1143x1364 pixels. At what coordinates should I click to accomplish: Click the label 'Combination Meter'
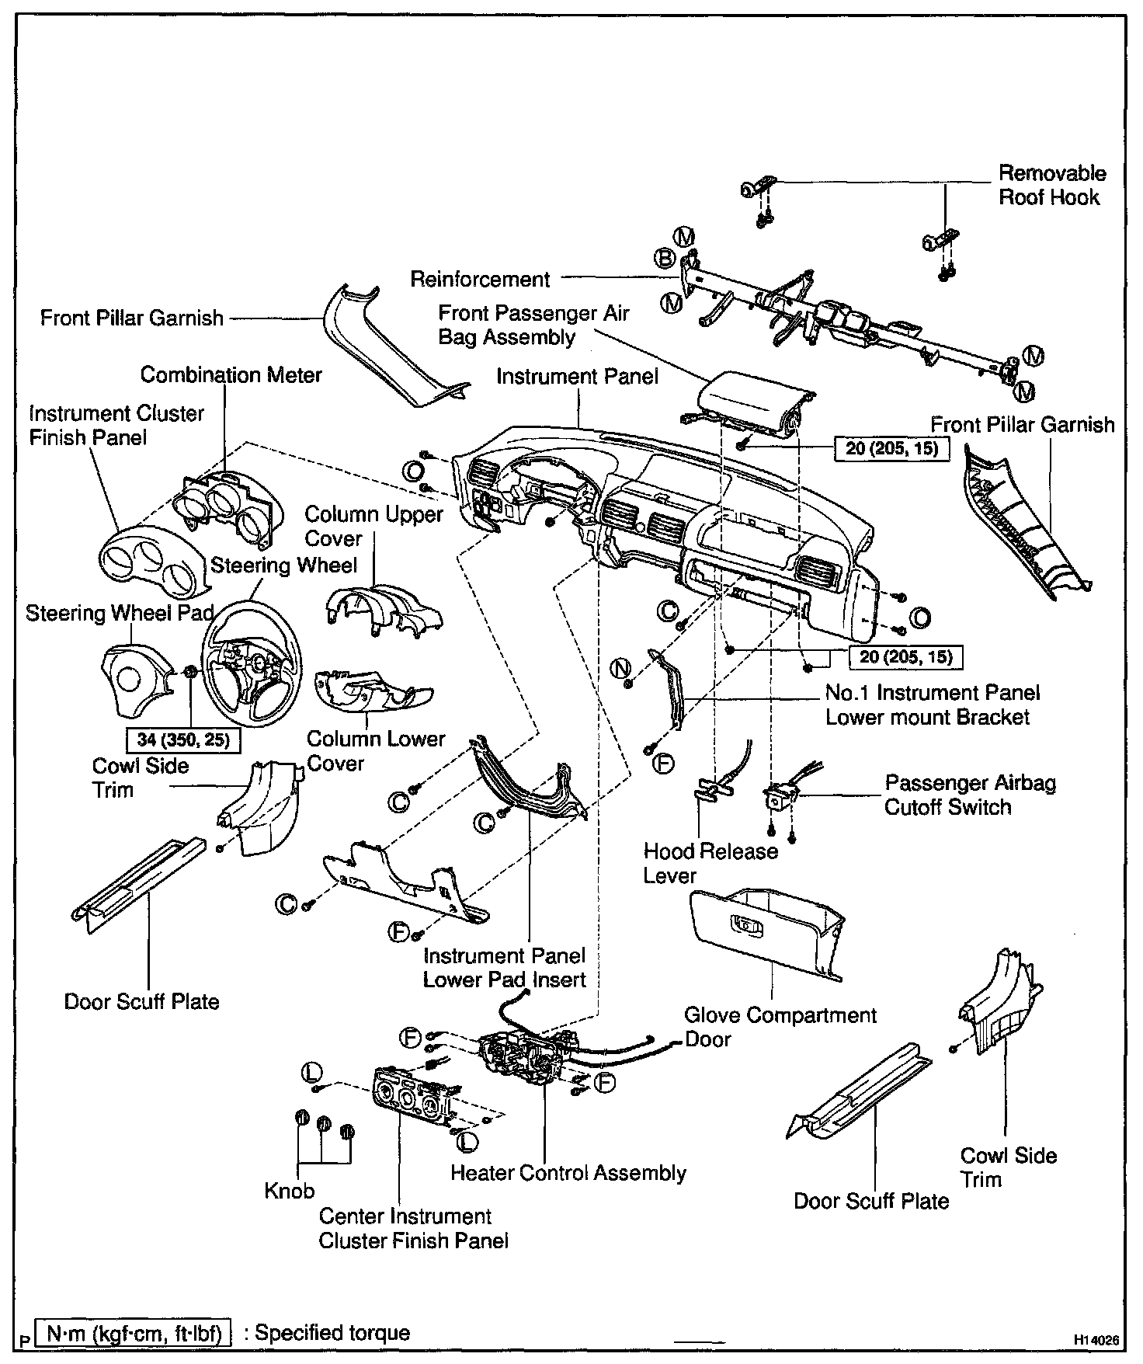coord(231,375)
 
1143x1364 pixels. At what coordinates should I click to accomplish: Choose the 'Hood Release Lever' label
coord(710,863)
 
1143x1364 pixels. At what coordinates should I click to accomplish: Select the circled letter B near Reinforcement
coord(665,258)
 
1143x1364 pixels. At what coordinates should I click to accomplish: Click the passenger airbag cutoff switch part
coord(779,798)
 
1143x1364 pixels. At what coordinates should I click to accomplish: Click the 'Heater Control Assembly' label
coord(568,1173)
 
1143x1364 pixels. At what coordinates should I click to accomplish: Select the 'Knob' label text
coord(289,1191)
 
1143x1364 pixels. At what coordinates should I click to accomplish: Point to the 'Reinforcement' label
coord(480,279)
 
